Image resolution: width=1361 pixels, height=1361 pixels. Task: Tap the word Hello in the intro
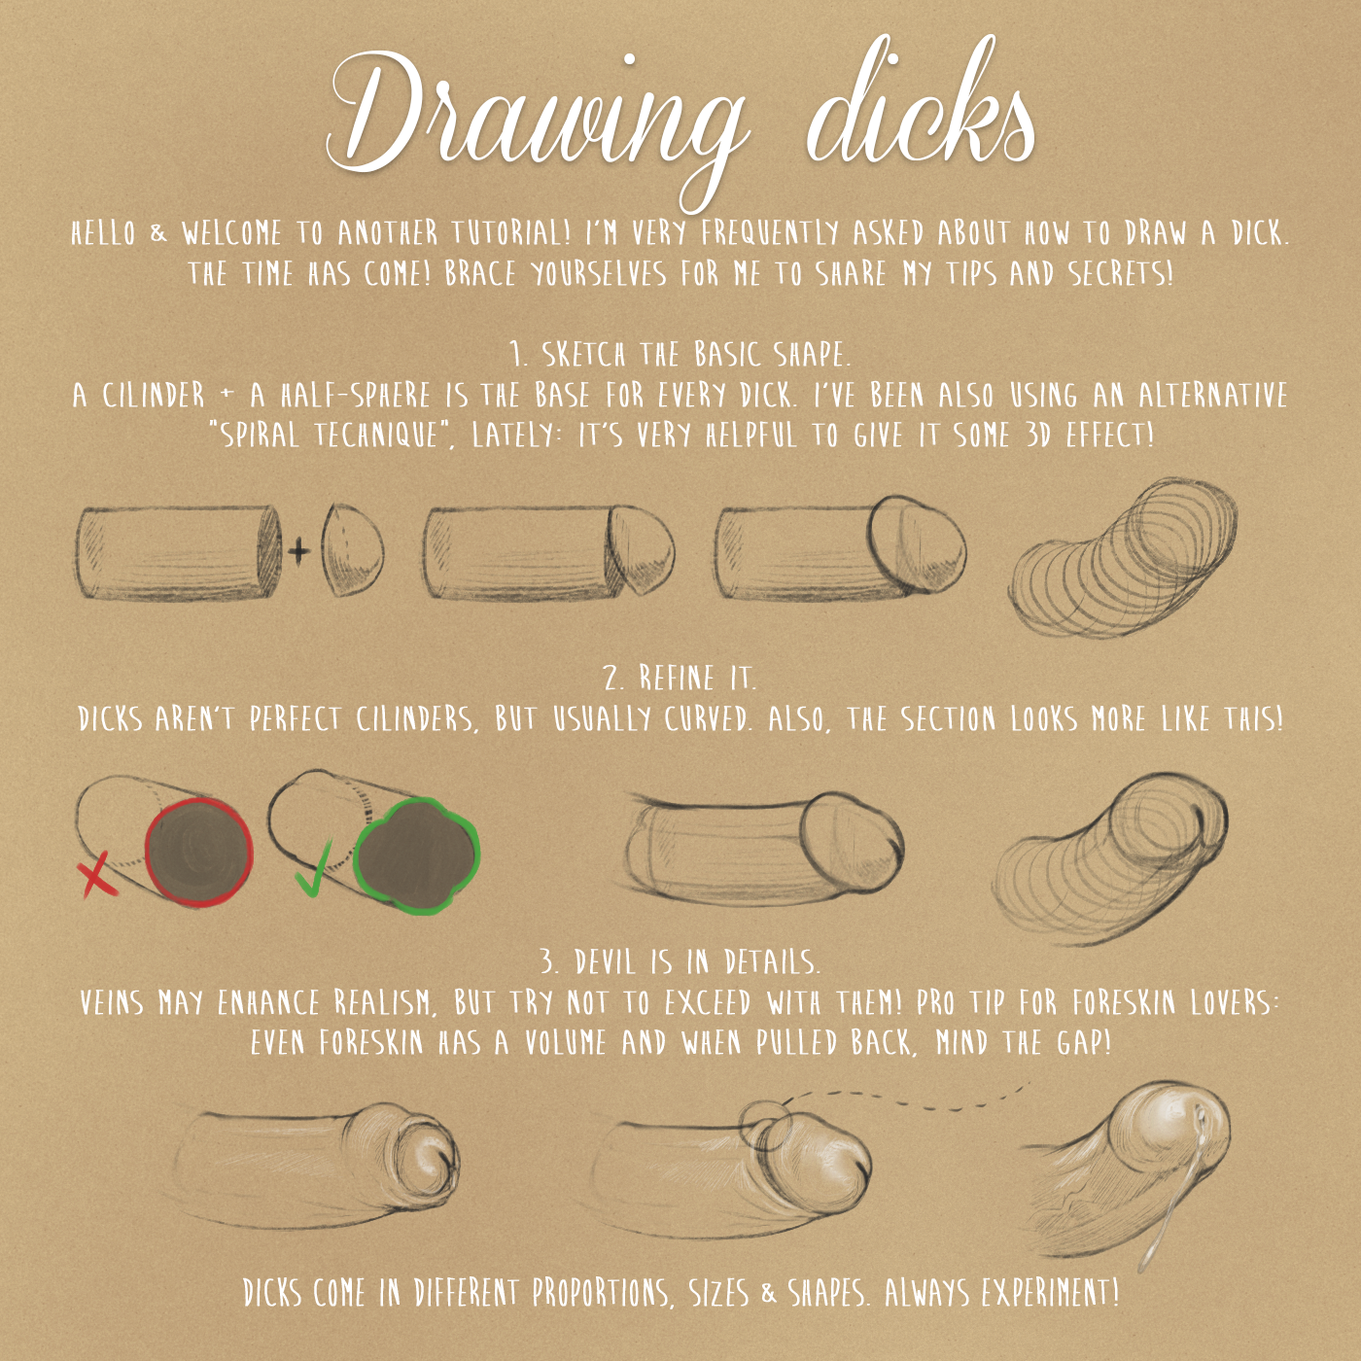103,233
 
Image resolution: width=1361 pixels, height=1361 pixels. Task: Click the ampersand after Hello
158,234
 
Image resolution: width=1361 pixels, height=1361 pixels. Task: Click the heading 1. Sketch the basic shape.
680,355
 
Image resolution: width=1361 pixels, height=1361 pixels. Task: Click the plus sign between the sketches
298,551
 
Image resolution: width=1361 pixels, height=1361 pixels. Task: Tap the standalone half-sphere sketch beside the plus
353,551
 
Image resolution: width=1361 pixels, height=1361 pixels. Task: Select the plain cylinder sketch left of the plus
177,554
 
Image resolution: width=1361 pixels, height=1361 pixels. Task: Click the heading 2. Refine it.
680,679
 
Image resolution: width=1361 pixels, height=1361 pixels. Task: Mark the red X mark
97,874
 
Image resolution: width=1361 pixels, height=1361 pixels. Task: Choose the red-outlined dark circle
198,853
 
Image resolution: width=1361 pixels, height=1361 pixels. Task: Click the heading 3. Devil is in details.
680,962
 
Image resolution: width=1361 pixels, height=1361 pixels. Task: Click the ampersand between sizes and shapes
770,1294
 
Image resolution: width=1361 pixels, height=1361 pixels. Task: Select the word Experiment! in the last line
1045,1294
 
